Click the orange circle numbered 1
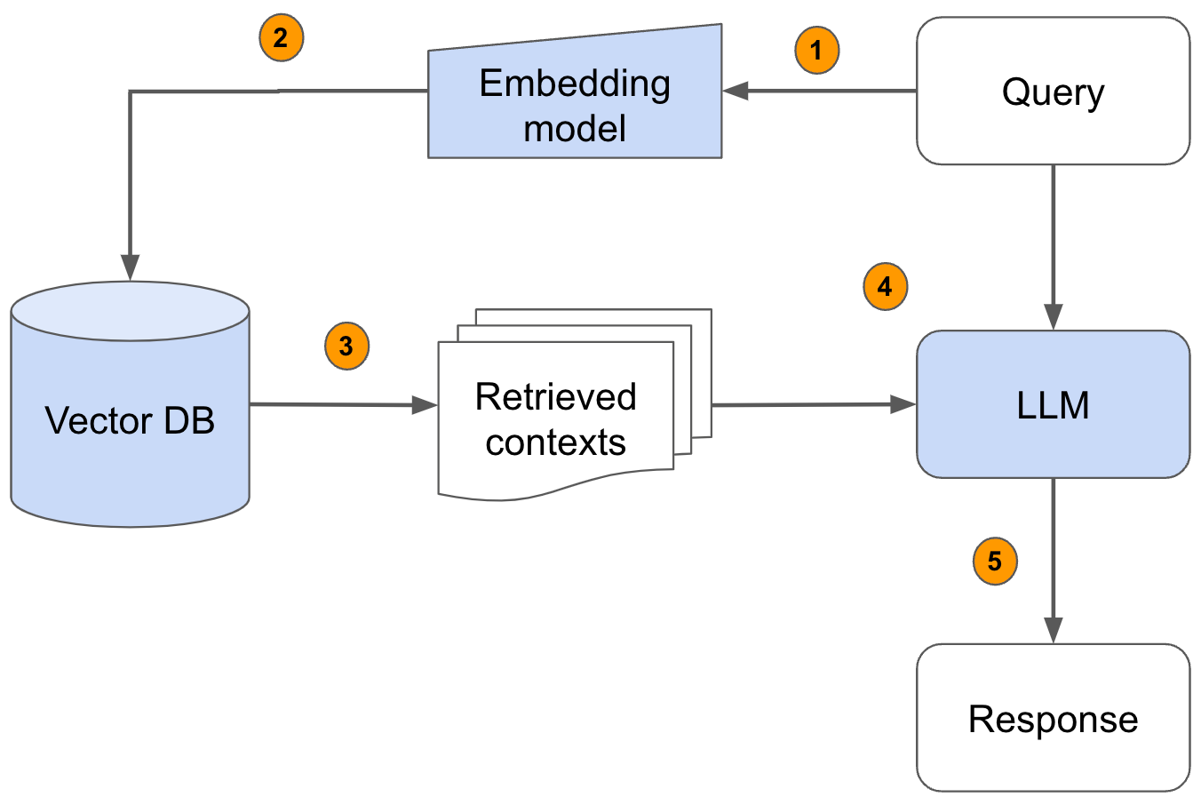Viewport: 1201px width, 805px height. (816, 50)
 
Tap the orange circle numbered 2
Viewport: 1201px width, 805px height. (281, 38)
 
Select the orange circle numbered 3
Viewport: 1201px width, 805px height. (346, 346)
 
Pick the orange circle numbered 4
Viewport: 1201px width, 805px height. (885, 286)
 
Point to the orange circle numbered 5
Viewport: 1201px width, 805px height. (995, 562)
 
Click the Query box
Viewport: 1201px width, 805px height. (1053, 92)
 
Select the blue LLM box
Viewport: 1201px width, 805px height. (1053, 405)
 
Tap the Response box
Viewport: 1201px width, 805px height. (1053, 718)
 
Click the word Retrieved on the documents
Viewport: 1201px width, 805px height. (555, 396)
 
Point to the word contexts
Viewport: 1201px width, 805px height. (555, 442)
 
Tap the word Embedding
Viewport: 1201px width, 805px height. (575, 84)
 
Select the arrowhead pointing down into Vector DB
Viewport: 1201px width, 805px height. (131, 267)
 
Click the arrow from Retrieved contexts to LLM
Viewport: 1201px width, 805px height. (813, 405)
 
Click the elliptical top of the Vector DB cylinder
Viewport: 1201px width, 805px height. (131, 311)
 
